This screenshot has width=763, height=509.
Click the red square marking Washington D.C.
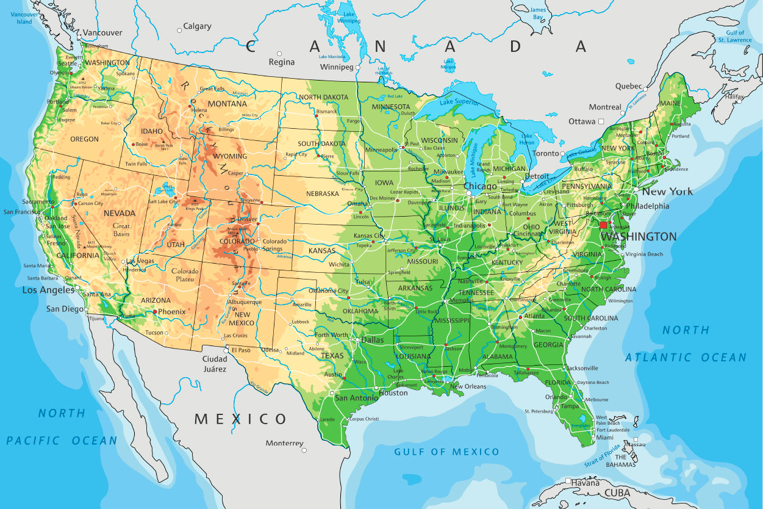[603, 225]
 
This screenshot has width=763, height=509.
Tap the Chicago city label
[480, 186]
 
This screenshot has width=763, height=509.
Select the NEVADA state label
[120, 214]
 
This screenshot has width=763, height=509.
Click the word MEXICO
[240, 419]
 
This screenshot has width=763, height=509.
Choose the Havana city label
[586, 483]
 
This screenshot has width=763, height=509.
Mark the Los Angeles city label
[48, 290]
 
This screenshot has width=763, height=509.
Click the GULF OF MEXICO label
[446, 452]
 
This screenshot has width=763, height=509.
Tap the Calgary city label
[198, 26]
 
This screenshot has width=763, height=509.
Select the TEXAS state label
[332, 356]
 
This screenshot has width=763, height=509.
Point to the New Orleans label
[468, 386]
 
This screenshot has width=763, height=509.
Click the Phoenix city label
[171, 311]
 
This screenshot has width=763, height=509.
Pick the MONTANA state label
[227, 104]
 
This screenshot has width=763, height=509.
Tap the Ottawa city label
[582, 121]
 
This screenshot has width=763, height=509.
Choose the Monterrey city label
[284, 443]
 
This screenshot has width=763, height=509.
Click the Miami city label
[605, 438]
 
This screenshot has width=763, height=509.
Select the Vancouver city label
[102, 33]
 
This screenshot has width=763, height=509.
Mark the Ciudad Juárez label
[215, 364]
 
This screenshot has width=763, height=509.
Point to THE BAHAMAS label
[621, 461]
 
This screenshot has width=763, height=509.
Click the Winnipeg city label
[337, 67]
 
